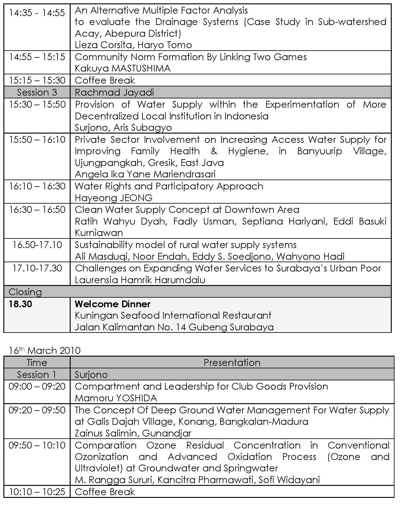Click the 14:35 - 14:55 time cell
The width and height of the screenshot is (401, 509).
point(37,13)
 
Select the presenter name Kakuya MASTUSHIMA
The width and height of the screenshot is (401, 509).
point(122,68)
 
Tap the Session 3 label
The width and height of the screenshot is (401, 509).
point(37,92)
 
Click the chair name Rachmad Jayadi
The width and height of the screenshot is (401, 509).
point(114,92)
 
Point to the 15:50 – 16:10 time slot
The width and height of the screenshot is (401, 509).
point(37,139)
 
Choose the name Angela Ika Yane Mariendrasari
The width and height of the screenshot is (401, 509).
point(145,174)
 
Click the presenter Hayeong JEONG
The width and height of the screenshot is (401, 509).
point(114,198)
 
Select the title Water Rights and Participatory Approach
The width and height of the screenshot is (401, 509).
point(169,186)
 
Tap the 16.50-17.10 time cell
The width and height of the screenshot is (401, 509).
point(37,245)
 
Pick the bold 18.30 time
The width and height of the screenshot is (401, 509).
point(20,304)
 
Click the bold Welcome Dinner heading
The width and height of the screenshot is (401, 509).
point(113,304)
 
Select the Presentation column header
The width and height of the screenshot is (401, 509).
point(232,362)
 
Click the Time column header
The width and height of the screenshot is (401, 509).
point(37,362)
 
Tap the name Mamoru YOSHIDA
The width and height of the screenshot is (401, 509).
point(116,398)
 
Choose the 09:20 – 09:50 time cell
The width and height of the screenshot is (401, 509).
point(37,410)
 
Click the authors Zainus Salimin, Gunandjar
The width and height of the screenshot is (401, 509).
point(133,433)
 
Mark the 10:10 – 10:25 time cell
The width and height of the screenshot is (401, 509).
point(37,491)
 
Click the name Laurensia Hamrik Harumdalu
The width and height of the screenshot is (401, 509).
point(140,280)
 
